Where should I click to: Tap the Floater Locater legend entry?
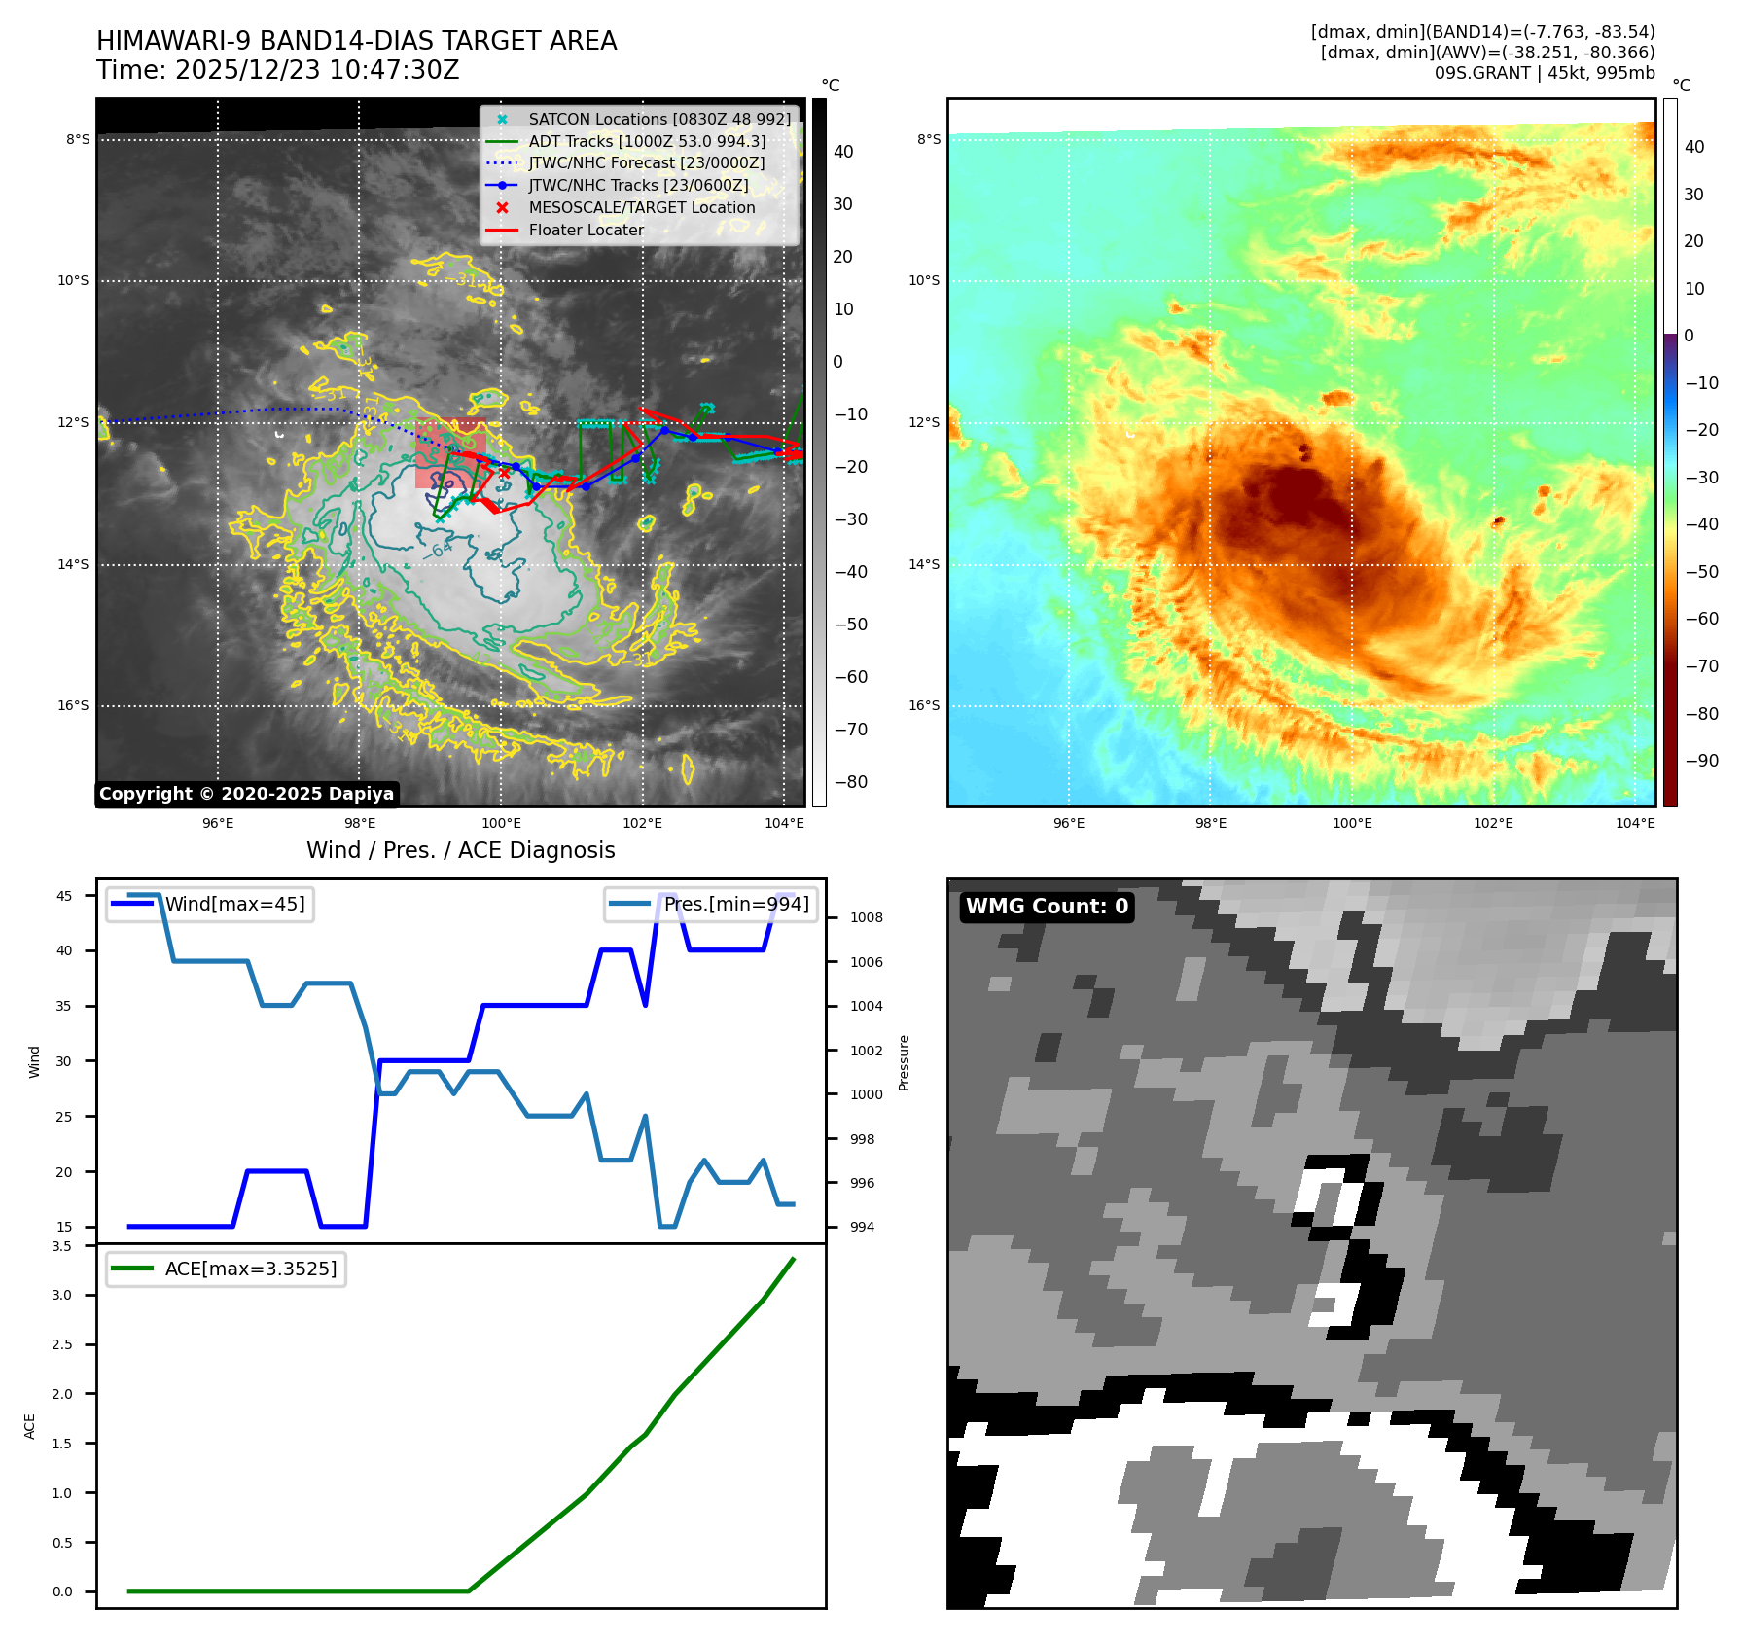pos(586,231)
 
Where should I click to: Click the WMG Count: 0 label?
pos(1047,907)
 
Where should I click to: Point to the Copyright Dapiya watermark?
pos(246,794)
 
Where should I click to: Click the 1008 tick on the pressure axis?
pos(866,917)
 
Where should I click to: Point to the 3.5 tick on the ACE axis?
pos(62,1246)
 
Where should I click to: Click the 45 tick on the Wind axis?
pos(64,896)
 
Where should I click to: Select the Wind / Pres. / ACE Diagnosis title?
pos(460,850)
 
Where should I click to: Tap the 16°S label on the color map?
pos(924,705)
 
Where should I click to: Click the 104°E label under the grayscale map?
pos(784,823)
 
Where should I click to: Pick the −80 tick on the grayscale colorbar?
pos(851,781)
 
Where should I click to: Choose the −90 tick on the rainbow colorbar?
pos(1701,761)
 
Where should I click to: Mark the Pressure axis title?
pos(904,1062)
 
